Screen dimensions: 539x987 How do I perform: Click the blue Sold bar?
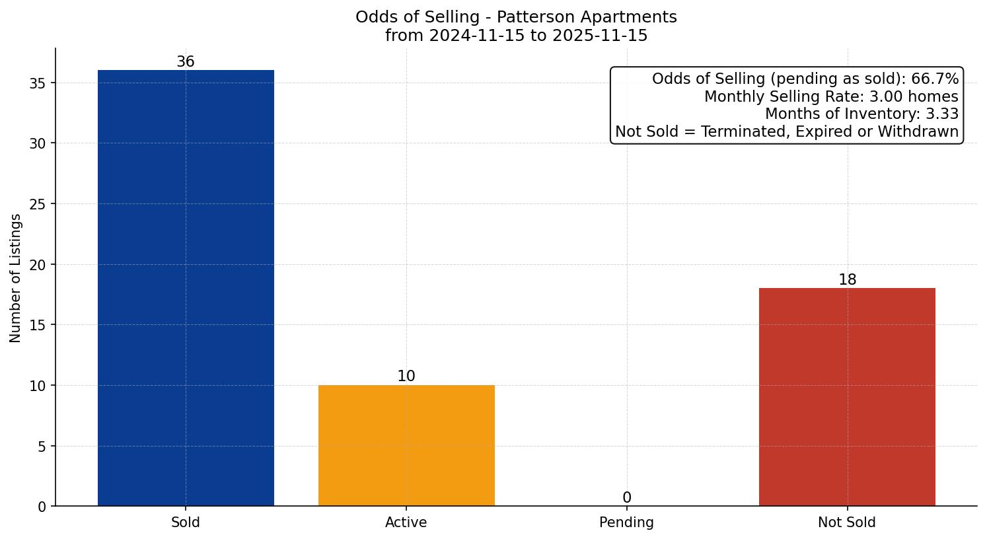(186, 288)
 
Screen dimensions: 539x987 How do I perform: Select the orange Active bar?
(406, 445)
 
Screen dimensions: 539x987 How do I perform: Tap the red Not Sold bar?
(847, 397)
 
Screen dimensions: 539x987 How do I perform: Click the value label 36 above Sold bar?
(186, 62)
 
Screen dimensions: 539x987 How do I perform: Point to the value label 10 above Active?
(406, 377)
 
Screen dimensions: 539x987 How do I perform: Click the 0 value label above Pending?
(626, 498)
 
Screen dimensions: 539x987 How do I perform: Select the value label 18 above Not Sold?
(847, 280)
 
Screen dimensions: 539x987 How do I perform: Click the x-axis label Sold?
(186, 522)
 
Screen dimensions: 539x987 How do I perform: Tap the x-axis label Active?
(406, 522)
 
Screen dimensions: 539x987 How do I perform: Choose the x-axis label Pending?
(626, 522)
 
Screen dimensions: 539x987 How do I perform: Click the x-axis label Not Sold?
(847, 522)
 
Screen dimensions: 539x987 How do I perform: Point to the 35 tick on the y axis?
(38, 83)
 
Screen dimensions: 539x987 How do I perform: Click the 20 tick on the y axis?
(38, 265)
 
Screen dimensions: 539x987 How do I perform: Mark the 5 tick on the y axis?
(42, 447)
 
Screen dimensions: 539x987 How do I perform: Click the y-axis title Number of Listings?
(16, 278)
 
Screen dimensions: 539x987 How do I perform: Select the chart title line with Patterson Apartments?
(516, 17)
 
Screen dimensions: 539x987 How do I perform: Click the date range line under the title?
(516, 36)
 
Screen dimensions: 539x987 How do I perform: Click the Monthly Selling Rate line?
(831, 96)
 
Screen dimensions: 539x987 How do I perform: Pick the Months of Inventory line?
(861, 114)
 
